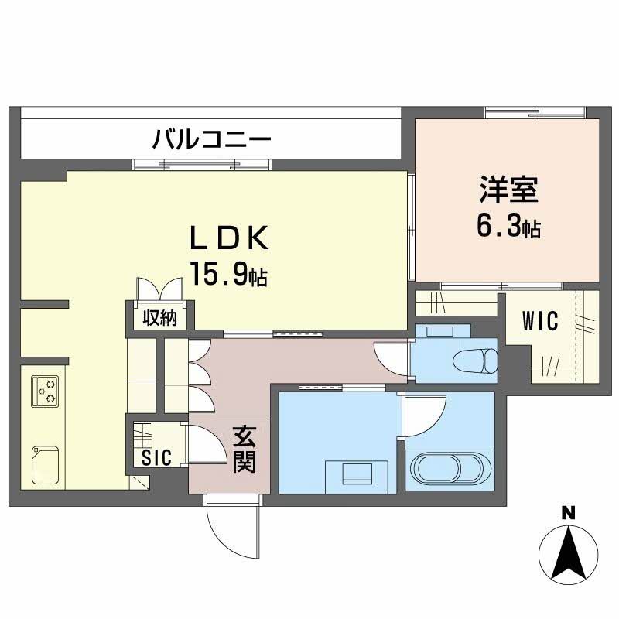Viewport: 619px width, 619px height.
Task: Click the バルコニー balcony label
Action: tap(211, 140)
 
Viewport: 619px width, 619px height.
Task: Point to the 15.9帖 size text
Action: tap(229, 274)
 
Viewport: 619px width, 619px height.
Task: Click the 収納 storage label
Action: tap(160, 317)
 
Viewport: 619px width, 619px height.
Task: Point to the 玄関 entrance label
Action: tap(244, 451)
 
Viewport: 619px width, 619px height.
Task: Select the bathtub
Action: tap(450, 469)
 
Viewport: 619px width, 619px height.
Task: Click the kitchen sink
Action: tap(43, 463)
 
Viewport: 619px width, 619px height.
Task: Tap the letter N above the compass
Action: tap(568, 512)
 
